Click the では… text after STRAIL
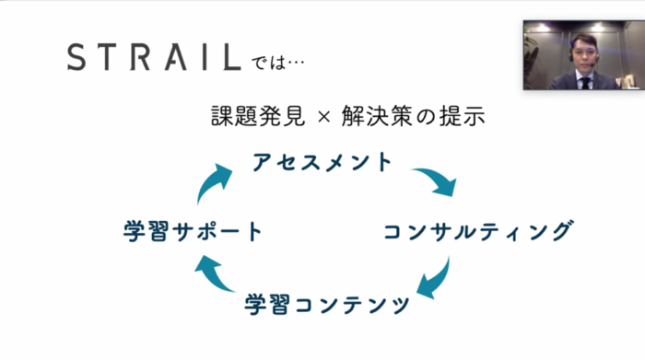click(x=276, y=64)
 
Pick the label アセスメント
click(x=322, y=163)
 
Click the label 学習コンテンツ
click(x=328, y=304)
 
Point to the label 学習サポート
click(x=193, y=231)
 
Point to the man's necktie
click(x=584, y=83)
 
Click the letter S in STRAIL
click(x=79, y=58)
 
